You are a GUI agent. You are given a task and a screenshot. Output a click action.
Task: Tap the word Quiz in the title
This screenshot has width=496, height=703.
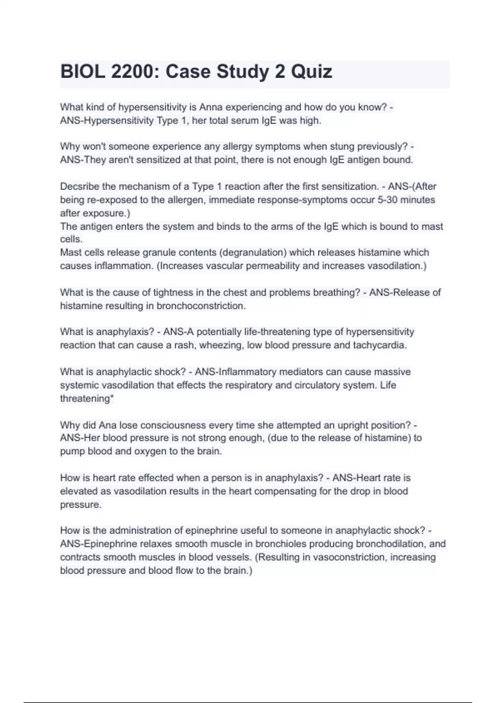(x=311, y=72)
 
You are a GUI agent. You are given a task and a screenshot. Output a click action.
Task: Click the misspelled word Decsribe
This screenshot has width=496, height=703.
(x=79, y=187)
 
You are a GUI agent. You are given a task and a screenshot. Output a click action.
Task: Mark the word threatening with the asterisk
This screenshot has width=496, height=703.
(x=87, y=399)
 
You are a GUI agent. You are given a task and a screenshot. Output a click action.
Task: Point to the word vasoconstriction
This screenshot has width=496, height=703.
(x=349, y=557)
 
